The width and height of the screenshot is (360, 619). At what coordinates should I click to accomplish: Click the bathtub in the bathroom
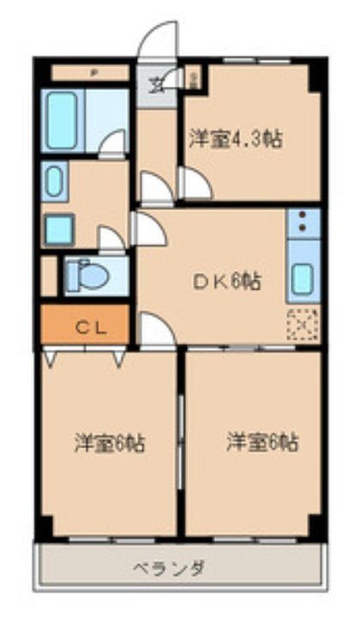point(63,120)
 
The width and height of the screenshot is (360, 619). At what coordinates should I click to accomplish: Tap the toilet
point(87,275)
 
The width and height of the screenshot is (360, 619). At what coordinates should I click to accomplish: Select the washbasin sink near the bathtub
point(54,183)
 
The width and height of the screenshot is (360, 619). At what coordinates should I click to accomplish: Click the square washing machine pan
point(59,229)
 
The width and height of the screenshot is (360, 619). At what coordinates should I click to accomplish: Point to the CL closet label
point(85,326)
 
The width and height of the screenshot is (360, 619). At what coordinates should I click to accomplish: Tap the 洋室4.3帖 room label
point(237,138)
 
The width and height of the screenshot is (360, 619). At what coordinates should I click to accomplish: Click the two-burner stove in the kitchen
point(304,224)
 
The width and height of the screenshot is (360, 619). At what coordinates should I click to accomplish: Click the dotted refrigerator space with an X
point(304,324)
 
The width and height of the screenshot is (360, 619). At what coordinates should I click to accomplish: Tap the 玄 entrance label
point(157,84)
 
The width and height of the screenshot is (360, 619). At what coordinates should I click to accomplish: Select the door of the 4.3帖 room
point(194,183)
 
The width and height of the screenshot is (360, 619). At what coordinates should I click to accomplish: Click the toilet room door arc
point(111,240)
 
